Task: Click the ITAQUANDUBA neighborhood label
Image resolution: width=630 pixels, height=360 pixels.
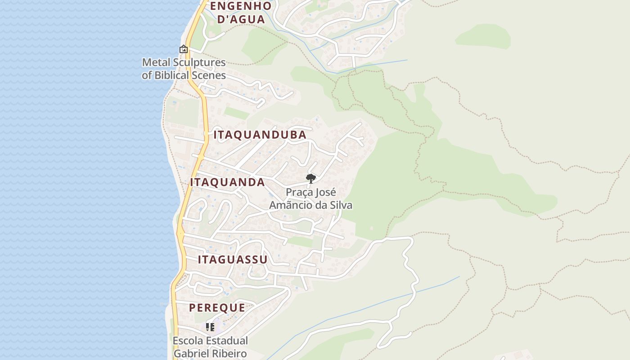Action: click(x=260, y=135)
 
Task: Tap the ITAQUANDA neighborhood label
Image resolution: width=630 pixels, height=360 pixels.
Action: click(x=227, y=182)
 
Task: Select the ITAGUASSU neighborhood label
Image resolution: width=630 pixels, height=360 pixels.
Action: click(x=233, y=260)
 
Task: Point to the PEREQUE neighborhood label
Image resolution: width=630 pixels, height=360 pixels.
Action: click(x=217, y=308)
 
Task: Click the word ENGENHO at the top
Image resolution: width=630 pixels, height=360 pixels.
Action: click(x=241, y=6)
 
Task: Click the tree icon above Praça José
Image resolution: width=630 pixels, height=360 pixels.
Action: click(x=310, y=179)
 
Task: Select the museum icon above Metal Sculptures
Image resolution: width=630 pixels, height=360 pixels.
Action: click(x=183, y=49)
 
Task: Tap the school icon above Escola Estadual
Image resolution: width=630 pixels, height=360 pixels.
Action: click(x=210, y=327)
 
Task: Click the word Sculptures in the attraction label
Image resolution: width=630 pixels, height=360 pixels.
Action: click(x=198, y=63)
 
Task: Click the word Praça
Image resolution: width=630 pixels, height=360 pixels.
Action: click(x=299, y=193)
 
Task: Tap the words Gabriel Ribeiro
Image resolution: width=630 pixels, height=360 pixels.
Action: click(x=210, y=353)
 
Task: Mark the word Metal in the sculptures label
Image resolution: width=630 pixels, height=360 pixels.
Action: click(x=154, y=63)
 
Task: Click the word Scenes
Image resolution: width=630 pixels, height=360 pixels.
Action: click(x=209, y=75)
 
